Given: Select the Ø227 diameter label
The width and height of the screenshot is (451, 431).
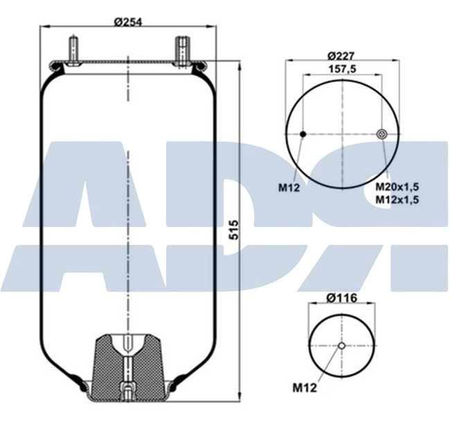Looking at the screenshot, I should tap(341, 55).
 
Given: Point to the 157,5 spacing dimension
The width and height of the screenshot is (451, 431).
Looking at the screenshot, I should tap(341, 69).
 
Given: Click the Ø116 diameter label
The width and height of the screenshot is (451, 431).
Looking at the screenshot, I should tap(342, 298).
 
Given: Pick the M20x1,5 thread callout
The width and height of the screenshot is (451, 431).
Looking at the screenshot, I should tap(398, 187).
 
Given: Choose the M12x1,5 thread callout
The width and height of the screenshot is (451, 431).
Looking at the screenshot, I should tap(398, 199).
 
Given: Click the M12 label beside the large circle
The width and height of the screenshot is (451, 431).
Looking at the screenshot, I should tap(289, 187).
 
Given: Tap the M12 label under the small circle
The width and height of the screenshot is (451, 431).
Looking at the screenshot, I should tap(306, 388).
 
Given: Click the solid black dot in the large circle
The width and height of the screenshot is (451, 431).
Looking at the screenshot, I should tap(303, 134).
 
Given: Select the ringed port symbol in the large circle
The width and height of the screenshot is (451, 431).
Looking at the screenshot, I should tap(381, 134).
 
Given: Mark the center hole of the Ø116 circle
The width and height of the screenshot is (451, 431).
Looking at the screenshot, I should tap(342, 346).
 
